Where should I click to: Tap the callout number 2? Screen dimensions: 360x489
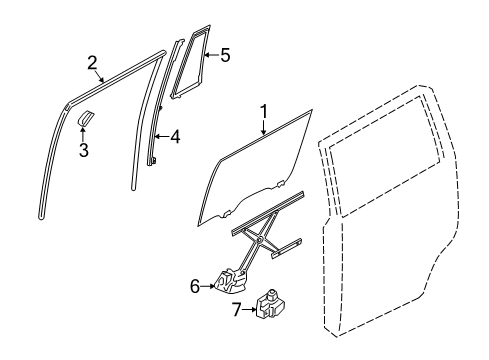pos(92,63)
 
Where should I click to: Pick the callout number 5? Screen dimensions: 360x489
pos(225,55)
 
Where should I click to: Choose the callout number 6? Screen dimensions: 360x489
pos(195,285)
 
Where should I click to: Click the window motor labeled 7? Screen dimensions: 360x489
pos(268,304)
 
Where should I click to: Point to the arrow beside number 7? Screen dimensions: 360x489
pos(251,311)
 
